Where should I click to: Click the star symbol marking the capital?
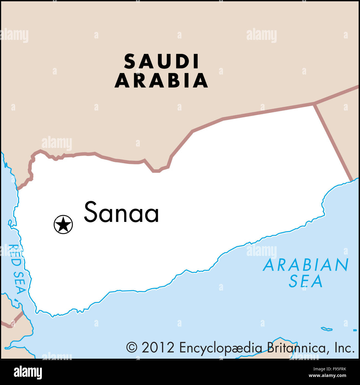click(x=63, y=224)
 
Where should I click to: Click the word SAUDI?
click(x=162, y=61)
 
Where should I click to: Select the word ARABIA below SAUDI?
click(x=161, y=81)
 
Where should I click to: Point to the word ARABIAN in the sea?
click(x=306, y=265)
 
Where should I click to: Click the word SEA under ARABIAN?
click(x=306, y=282)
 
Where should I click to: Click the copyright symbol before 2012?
click(x=132, y=347)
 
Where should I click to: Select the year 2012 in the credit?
click(x=158, y=347)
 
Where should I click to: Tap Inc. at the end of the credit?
click(x=344, y=347)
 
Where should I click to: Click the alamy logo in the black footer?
click(x=28, y=372)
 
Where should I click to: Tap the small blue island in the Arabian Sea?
click(x=326, y=329)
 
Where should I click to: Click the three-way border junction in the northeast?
click(x=314, y=104)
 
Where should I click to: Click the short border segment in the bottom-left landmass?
click(x=16, y=319)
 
